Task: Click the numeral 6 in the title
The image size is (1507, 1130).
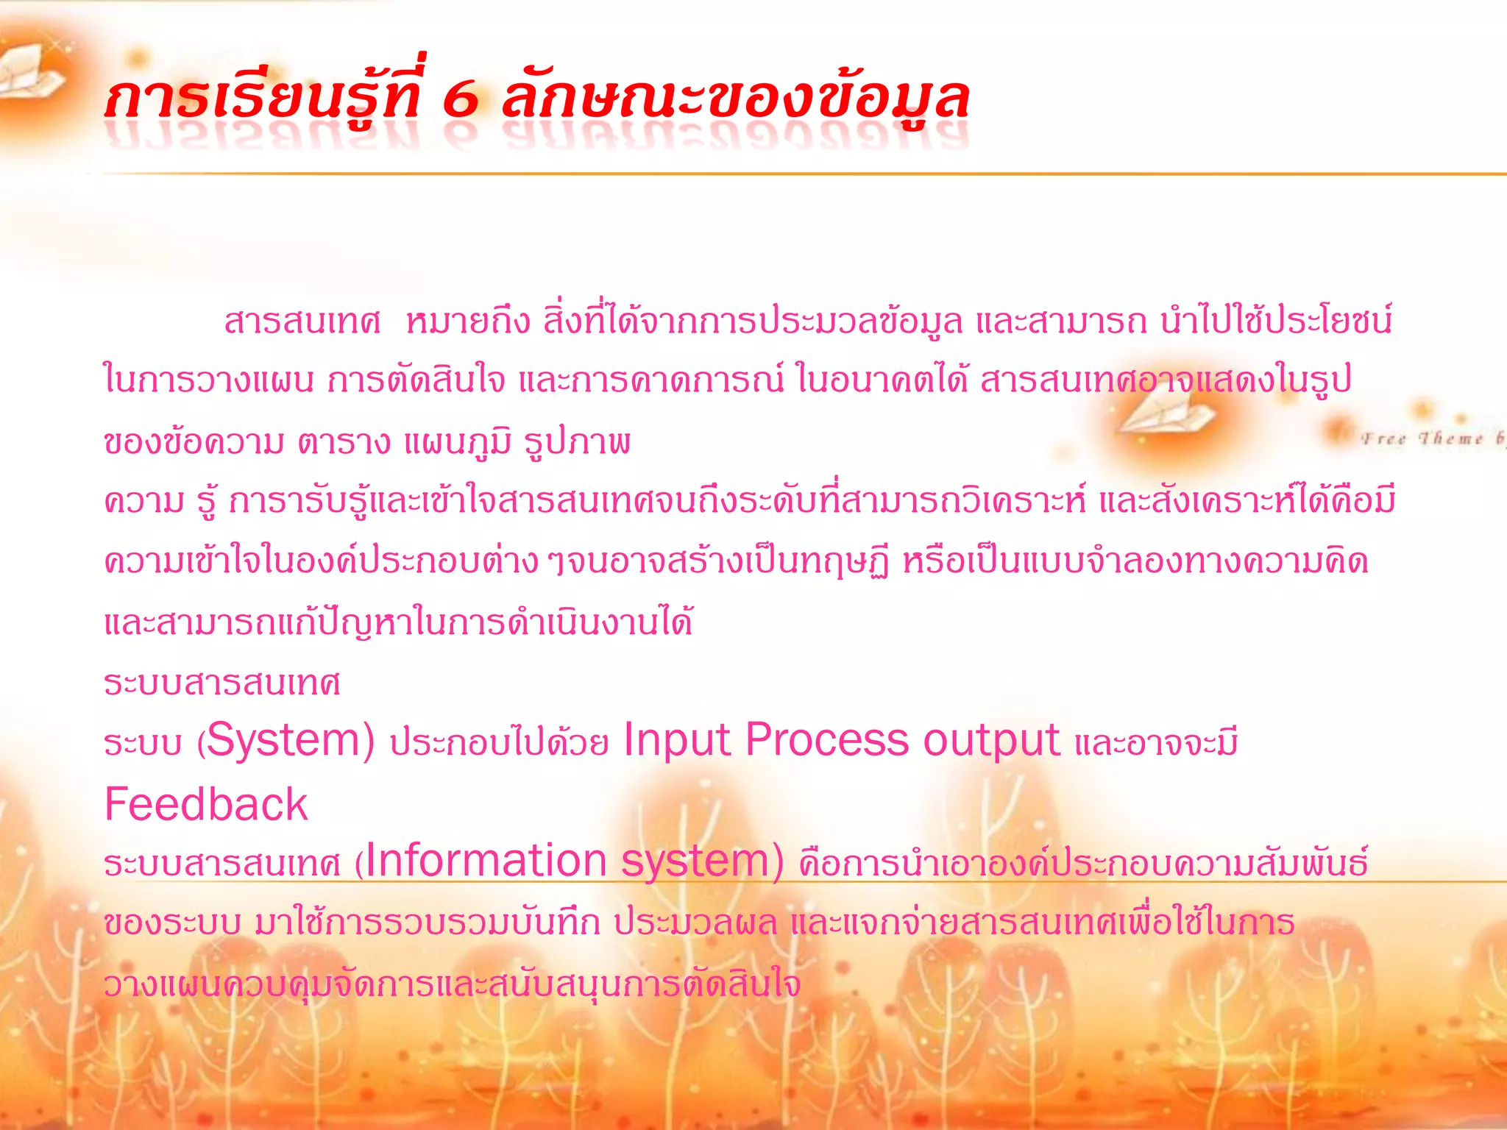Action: pyautogui.click(x=461, y=100)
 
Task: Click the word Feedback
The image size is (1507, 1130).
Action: pyautogui.click(x=206, y=804)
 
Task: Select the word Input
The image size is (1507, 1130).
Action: pyautogui.click(x=676, y=740)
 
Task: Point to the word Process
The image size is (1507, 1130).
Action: pyautogui.click(x=827, y=740)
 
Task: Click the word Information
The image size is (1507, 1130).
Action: pyautogui.click(x=486, y=861)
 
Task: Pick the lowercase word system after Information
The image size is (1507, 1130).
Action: pyautogui.click(x=695, y=861)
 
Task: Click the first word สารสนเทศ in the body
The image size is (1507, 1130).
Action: pyautogui.click(x=302, y=322)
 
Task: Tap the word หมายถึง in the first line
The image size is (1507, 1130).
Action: pyautogui.click(x=468, y=322)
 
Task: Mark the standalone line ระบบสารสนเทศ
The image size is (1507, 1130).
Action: pyautogui.click(x=221, y=683)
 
